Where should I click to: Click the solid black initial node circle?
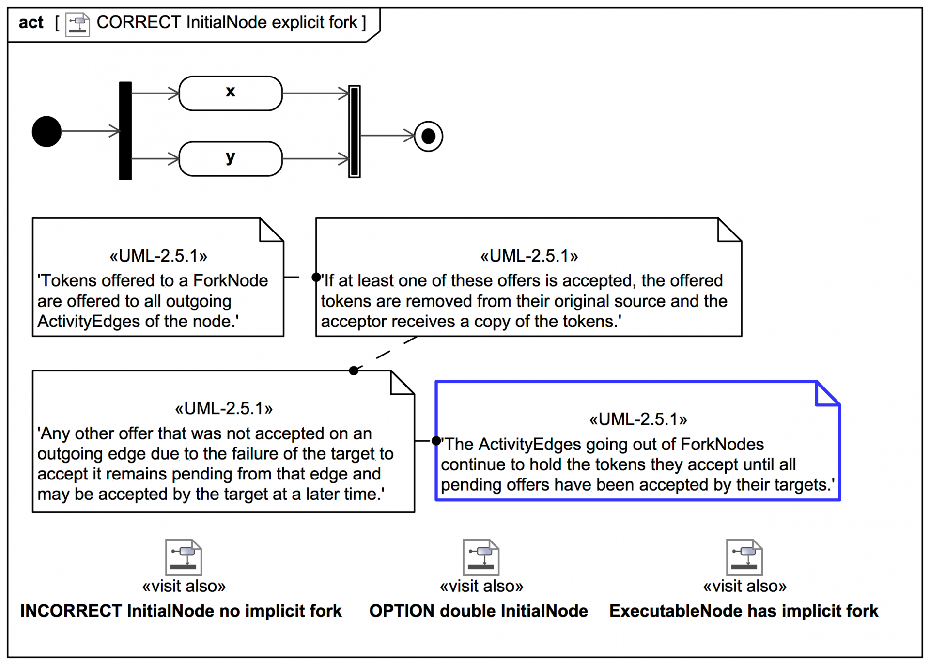click(46, 131)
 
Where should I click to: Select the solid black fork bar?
click(125, 131)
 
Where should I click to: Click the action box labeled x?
click(231, 93)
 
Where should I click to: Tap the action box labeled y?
click(231, 158)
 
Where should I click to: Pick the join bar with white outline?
click(355, 131)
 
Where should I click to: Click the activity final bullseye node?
click(429, 136)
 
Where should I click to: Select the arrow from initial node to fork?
click(90, 131)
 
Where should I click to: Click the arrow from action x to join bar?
click(315, 93)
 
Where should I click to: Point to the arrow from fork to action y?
click(155, 158)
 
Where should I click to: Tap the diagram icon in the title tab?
click(77, 24)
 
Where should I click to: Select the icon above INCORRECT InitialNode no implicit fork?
click(184, 557)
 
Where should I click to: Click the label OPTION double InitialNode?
click(479, 611)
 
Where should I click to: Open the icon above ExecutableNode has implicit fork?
click(744, 557)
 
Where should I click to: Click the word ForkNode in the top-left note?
click(231, 280)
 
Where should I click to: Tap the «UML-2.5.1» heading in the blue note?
click(638, 419)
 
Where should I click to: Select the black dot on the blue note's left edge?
click(436, 441)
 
